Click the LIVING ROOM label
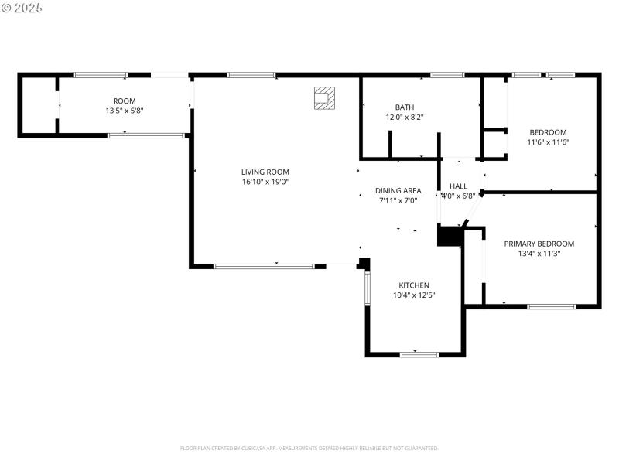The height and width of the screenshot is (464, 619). click(x=265, y=172)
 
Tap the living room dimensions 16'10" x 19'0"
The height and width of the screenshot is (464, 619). click(x=265, y=182)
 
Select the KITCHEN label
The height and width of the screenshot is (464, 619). click(x=414, y=285)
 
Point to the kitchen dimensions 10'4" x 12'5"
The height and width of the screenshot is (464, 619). click(x=414, y=295)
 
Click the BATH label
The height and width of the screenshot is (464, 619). click(x=405, y=107)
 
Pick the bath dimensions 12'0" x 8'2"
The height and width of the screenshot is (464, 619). click(x=405, y=118)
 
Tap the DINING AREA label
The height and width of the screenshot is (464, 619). click(x=398, y=191)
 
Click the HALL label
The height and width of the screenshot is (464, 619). click(x=458, y=186)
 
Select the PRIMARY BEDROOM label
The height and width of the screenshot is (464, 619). click(x=539, y=244)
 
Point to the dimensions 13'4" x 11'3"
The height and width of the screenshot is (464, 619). click(x=539, y=253)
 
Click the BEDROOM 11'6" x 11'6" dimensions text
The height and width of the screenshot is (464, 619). click(x=548, y=142)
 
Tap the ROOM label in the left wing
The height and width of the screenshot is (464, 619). click(x=124, y=101)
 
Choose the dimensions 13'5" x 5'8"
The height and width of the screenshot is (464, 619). click(x=124, y=111)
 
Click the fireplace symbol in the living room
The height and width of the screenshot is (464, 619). click(x=324, y=98)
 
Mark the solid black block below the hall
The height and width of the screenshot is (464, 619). click(x=449, y=236)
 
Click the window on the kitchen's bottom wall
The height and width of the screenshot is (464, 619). click(x=419, y=354)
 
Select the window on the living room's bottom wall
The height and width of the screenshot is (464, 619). click(x=264, y=266)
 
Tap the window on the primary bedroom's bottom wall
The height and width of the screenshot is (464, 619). click(x=551, y=307)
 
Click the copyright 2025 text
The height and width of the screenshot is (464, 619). click(x=22, y=7)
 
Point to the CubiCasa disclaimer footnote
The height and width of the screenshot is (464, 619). click(x=309, y=448)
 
